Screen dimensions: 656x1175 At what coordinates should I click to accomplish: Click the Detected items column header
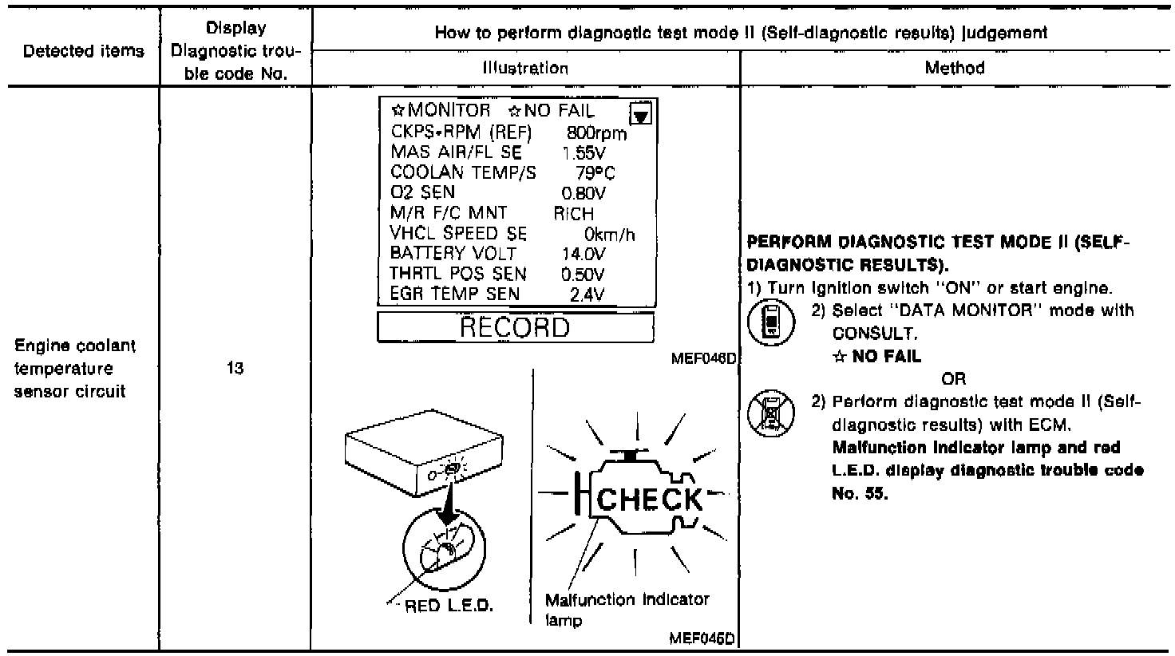(x=84, y=51)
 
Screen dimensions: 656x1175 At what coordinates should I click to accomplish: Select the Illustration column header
(x=525, y=68)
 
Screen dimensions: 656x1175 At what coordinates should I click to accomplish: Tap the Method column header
(x=955, y=68)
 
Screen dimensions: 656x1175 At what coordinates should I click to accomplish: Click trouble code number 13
(x=235, y=369)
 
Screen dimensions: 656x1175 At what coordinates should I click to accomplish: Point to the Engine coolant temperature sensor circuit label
(x=76, y=369)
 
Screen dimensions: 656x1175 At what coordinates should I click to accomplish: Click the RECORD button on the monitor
(x=515, y=328)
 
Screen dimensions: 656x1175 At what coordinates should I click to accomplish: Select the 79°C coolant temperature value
(x=595, y=172)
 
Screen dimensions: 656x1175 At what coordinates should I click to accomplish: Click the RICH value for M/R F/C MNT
(x=573, y=213)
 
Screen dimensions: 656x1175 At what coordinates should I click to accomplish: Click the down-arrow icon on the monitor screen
(x=640, y=115)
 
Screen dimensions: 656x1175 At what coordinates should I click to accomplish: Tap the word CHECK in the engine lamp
(x=648, y=500)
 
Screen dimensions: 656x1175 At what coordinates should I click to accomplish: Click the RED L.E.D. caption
(x=449, y=606)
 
